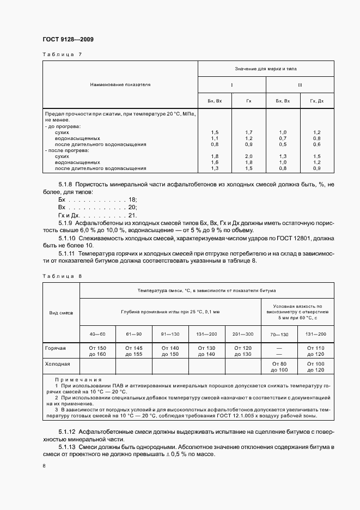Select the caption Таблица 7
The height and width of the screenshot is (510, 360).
click(x=62, y=54)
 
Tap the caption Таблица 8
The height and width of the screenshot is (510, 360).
click(x=62, y=276)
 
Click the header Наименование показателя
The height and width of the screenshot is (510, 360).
click(x=120, y=86)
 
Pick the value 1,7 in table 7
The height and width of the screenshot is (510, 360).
click(x=249, y=132)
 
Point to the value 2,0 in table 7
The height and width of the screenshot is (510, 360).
click(x=249, y=156)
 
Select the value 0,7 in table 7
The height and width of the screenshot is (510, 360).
click(x=283, y=138)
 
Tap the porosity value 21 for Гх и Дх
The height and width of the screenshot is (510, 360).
click(x=132, y=215)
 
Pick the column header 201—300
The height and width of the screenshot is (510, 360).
click(x=243, y=334)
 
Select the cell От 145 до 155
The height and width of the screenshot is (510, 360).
click(x=134, y=350)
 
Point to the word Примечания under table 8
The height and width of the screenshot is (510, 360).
click(x=75, y=379)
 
